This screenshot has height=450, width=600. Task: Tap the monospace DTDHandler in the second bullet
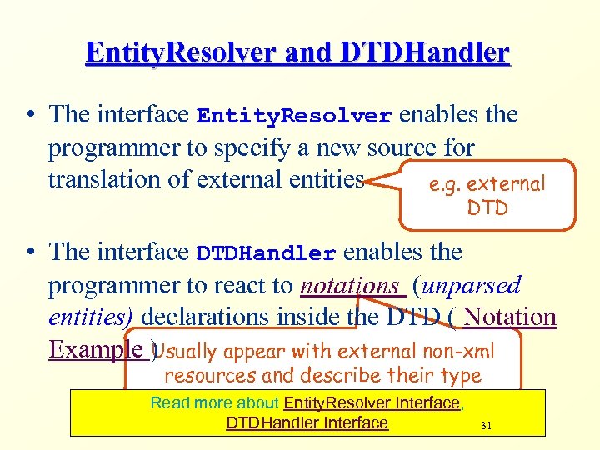tap(266, 252)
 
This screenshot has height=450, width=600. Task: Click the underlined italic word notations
tap(350, 285)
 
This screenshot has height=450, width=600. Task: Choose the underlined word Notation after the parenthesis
tap(510, 317)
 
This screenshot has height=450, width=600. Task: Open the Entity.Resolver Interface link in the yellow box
tap(372, 403)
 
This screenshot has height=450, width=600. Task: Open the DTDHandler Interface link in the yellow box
tap(307, 422)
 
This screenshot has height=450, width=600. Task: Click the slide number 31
tap(487, 426)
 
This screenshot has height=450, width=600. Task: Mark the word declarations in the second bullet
tap(217, 317)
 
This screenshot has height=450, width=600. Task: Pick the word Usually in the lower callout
tap(186, 351)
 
